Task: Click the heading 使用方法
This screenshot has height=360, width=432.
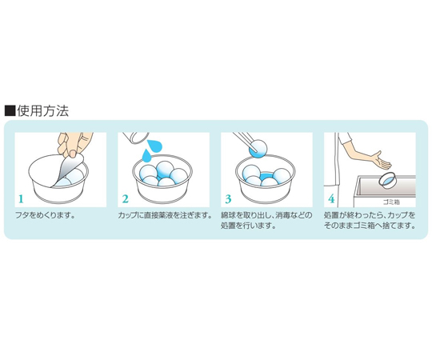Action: pyautogui.click(x=43, y=110)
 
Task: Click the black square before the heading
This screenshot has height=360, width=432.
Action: pyautogui.click(x=10, y=110)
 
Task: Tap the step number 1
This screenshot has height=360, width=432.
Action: pyautogui.click(x=22, y=199)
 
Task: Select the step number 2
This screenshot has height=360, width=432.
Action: pyautogui.click(x=125, y=199)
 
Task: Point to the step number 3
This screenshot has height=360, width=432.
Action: pyautogui.click(x=228, y=199)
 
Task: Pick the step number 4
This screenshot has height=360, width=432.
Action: pyautogui.click(x=331, y=199)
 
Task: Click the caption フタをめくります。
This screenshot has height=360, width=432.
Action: pyautogui.click(x=46, y=215)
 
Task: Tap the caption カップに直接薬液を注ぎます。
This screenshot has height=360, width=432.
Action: pyautogui.click(x=165, y=215)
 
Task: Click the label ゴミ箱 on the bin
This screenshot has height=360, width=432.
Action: pyautogui.click(x=391, y=202)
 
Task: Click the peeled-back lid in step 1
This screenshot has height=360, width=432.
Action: pyautogui.click(x=67, y=170)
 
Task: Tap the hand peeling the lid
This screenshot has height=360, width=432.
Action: pyautogui.click(x=74, y=144)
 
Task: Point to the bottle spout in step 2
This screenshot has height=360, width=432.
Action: pyautogui.click(x=135, y=137)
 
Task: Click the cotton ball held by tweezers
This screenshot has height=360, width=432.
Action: pyautogui.click(x=258, y=149)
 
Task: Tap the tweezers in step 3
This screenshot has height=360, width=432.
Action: pyautogui.click(x=246, y=142)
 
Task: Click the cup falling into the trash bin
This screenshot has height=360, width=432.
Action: pyautogui.click(x=388, y=180)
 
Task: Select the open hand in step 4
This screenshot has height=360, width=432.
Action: pyautogui.click(x=382, y=160)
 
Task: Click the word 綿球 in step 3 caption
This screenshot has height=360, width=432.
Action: pyautogui.click(x=227, y=215)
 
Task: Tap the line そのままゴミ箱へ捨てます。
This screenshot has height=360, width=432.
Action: pyautogui.click(x=370, y=226)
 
